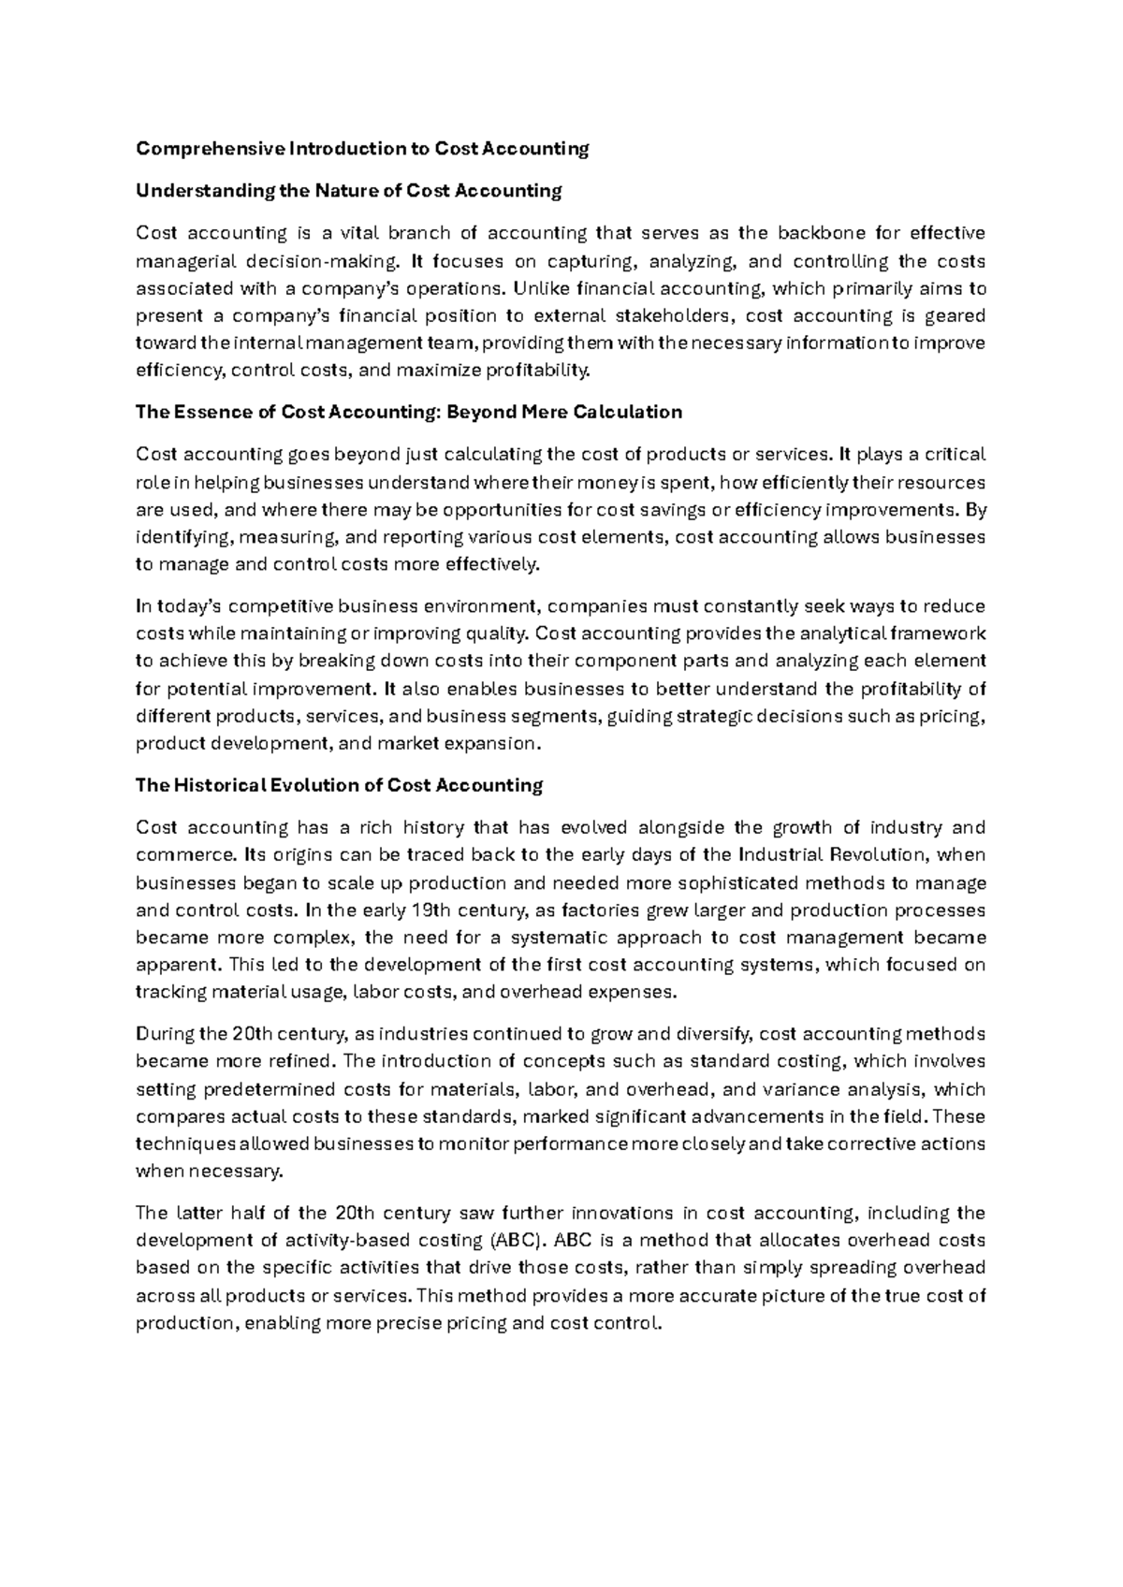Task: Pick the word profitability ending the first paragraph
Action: pos(538,371)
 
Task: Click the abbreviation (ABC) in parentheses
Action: pos(515,1242)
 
